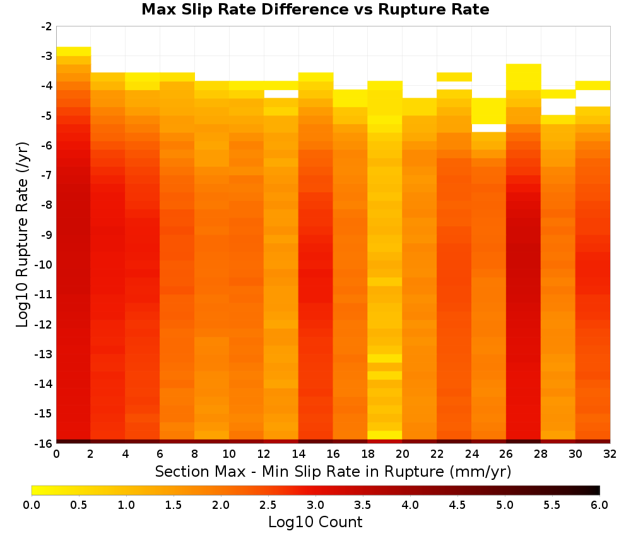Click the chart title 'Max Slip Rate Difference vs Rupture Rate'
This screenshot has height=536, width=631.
[x=315, y=9]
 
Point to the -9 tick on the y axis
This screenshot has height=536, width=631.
[x=47, y=235]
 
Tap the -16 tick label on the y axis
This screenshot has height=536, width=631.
[x=44, y=443]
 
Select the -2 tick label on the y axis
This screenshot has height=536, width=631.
[x=47, y=26]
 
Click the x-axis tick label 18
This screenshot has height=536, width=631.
[x=368, y=454]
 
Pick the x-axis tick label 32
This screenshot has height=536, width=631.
[x=610, y=454]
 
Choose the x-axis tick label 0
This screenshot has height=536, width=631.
[x=56, y=454]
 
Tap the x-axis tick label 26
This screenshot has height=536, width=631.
[x=506, y=454]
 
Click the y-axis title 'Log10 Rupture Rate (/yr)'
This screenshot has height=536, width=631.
[x=22, y=235]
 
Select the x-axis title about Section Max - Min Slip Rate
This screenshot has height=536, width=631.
[x=333, y=471]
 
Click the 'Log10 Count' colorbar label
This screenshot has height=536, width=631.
[x=315, y=522]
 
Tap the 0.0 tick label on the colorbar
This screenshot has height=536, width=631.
[x=32, y=505]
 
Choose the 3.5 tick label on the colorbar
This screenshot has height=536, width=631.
[x=363, y=505]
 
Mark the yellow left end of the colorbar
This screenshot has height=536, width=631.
[x=34, y=490]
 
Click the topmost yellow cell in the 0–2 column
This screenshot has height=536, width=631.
[x=73, y=52]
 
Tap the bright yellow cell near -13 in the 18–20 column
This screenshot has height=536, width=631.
[x=385, y=358]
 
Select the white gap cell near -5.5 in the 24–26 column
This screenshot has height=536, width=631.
[x=488, y=128]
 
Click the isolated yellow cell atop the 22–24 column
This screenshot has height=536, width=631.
[x=454, y=77]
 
